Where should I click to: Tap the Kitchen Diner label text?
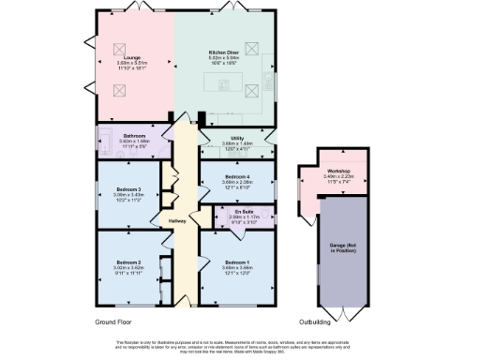(x=223, y=52)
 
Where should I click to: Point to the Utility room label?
(x=238, y=138)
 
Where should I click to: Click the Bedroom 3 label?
(x=128, y=188)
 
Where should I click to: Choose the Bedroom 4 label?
(x=237, y=176)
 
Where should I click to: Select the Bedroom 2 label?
(x=128, y=262)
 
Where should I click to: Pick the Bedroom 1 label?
(x=237, y=262)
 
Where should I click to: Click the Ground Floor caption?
(x=118, y=322)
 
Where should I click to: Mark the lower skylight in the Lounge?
(x=121, y=91)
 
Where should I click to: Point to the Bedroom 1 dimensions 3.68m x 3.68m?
(x=237, y=268)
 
